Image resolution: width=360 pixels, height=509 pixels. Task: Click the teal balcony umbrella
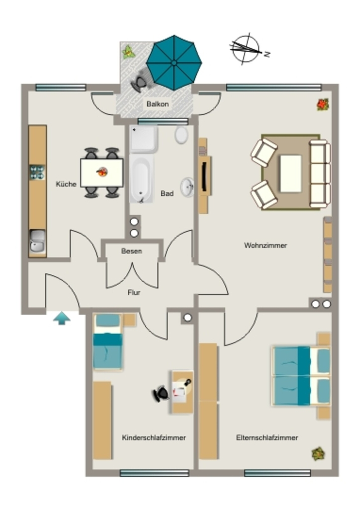click(174, 63)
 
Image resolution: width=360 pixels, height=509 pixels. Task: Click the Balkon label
click(158, 104)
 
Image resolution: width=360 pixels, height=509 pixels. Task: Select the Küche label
click(66, 184)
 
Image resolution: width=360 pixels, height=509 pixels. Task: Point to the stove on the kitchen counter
click(37, 172)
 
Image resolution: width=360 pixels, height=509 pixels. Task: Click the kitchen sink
click(38, 241)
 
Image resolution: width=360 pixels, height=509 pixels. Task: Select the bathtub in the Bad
click(141, 178)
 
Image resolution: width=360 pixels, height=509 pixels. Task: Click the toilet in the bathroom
click(181, 135)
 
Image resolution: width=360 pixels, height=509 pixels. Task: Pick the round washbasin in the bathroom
click(187, 187)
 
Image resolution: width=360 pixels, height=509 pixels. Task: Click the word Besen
click(131, 251)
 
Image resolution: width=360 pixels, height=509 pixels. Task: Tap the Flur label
click(134, 292)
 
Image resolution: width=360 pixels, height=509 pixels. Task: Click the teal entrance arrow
click(62, 318)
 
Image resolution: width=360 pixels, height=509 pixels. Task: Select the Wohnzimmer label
click(266, 246)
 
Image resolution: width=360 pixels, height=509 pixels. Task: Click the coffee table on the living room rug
click(291, 173)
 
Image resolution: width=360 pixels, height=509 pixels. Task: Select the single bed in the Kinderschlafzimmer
click(108, 342)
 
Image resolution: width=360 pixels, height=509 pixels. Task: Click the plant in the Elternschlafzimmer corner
click(318, 454)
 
